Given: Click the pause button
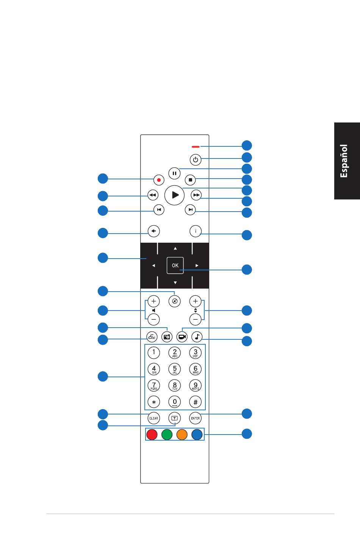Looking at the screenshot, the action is pos(174,173).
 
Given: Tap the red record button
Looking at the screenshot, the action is pos(159,180).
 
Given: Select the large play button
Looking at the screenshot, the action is pos(174,195).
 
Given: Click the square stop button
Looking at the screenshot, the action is pos(190,180).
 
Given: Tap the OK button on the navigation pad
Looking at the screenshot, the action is pos(175,265).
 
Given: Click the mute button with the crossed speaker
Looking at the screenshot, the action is pos(174,301).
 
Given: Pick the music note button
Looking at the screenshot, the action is pos(197,337).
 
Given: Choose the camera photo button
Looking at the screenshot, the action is pos(167,337).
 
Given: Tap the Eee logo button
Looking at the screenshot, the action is pos(152,337).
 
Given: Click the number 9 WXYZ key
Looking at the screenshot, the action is pos(195,386).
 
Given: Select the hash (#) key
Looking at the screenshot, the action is pos(195,402).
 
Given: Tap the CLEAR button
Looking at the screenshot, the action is pos(153,418).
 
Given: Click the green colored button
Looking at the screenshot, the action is pos(167,435).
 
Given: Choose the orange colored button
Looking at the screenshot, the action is pos(182,435).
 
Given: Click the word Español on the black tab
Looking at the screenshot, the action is pos(344,161).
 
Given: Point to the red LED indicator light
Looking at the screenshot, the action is pos(196,147).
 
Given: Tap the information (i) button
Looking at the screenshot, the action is pos(196,231).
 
